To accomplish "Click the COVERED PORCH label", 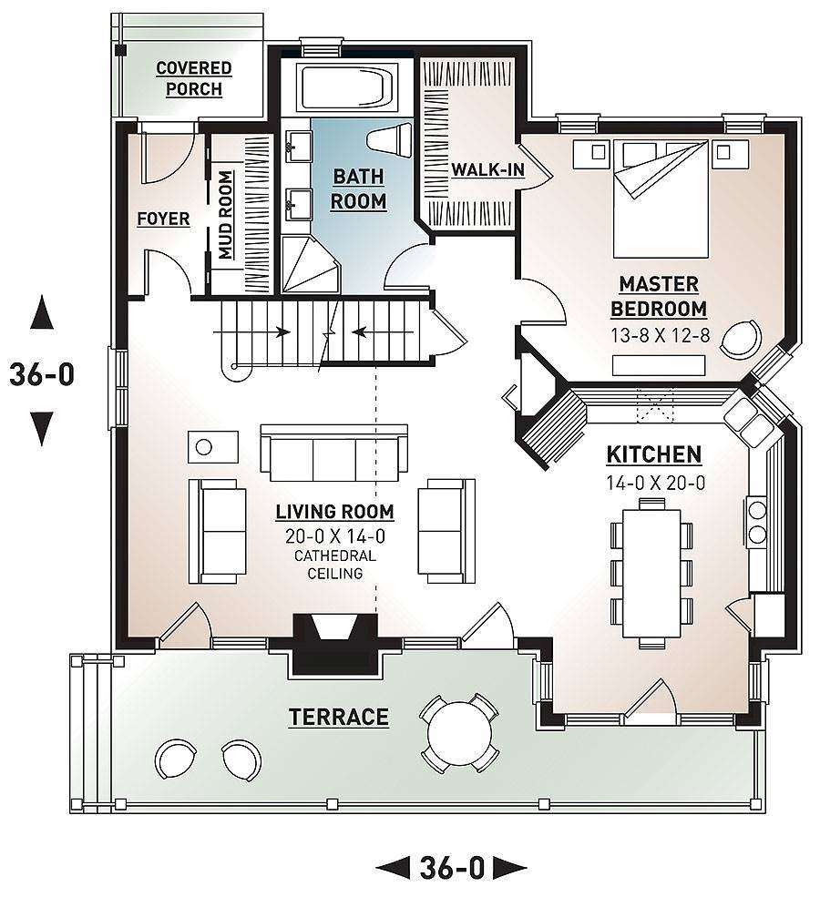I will pyautogui.click(x=193, y=78).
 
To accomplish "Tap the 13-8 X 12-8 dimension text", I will pyautogui.click(x=661, y=334).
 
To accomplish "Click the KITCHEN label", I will pyautogui.click(x=654, y=454).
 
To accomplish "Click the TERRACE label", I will pyautogui.click(x=339, y=718).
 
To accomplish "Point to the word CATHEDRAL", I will pyautogui.click(x=335, y=556).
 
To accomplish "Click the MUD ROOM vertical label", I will pyautogui.click(x=225, y=213).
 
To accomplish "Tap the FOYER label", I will pyautogui.click(x=163, y=219).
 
